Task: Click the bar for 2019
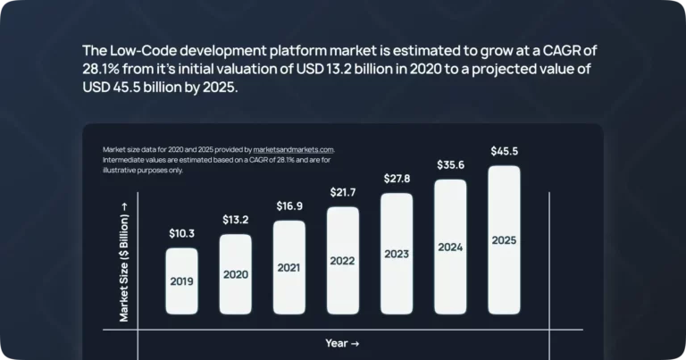coord(181,281)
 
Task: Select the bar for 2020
coord(235,274)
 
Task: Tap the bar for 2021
coord(289,267)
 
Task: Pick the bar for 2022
coord(343,261)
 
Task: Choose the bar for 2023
coord(397,254)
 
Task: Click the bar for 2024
coord(450,247)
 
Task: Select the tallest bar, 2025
coord(504,240)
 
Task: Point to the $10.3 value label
coord(181,233)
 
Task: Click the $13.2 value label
coord(235,220)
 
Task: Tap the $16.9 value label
coord(289,206)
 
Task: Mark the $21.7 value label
coord(343,193)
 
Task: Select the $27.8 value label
coord(397,179)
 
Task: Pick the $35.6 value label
coord(450,165)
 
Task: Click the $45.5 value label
coord(504,152)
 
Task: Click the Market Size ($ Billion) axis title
coord(124,261)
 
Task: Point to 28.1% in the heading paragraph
coord(104,70)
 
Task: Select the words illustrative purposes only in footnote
coord(143,170)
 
